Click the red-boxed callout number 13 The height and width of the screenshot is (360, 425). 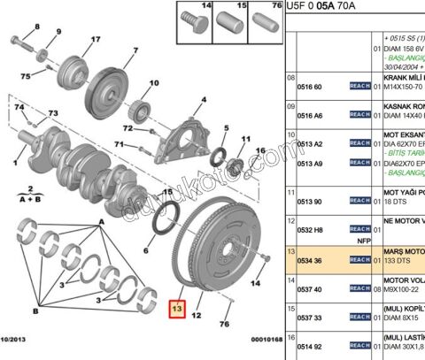[x=176, y=309]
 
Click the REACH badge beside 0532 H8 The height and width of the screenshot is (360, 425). [x=359, y=228]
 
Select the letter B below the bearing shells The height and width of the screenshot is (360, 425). [x=35, y=311]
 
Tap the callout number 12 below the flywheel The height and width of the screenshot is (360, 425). [x=197, y=316]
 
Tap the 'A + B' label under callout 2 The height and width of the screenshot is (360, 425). [x=32, y=201]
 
